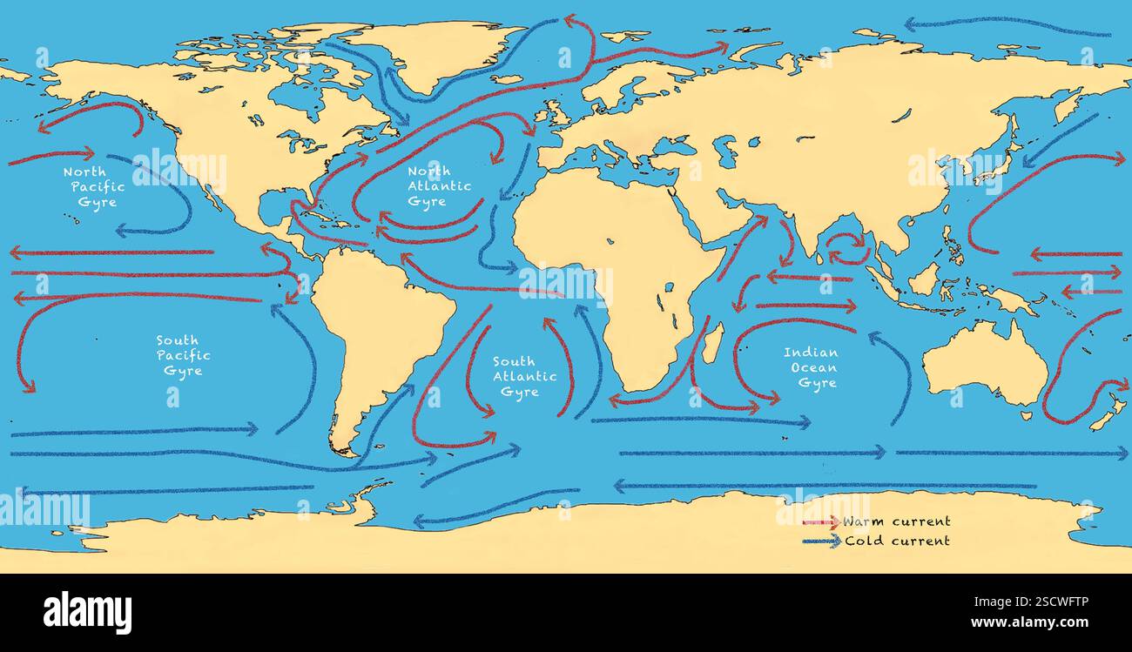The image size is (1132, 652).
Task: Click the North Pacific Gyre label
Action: point(94,187)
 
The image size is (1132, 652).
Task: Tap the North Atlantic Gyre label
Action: point(439,186)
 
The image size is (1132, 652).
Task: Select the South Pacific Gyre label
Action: point(183,355)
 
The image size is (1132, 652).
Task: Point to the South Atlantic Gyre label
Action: point(524,376)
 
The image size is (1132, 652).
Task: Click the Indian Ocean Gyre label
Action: point(810,367)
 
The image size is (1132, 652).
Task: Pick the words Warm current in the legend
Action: point(896,521)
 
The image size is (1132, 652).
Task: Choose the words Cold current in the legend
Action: point(896,541)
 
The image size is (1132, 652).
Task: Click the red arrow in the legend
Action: point(819,522)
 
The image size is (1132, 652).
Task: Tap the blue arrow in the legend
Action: point(819,541)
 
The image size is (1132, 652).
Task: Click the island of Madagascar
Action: point(712,343)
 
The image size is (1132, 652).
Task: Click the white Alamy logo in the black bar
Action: point(87,612)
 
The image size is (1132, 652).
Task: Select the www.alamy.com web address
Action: point(1041,622)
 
